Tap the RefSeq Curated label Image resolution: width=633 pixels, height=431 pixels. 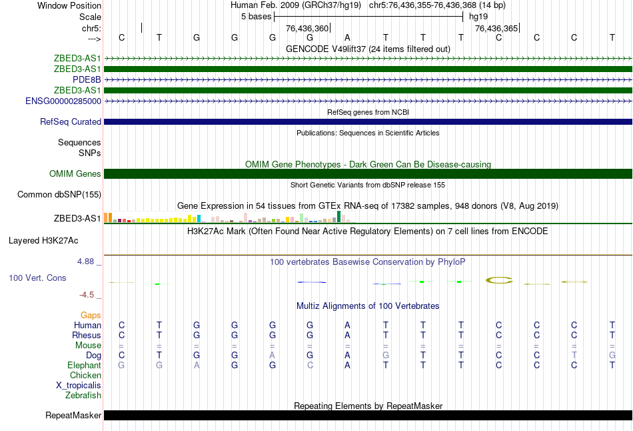click(71, 122)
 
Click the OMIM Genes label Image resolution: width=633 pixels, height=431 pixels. click(75, 174)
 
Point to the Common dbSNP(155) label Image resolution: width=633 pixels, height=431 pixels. click(59, 195)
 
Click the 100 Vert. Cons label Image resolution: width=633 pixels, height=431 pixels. click(37, 278)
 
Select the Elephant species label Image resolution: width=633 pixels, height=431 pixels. click(84, 366)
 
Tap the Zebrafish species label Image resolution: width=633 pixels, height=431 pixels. click(84, 396)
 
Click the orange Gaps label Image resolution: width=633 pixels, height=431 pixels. click(91, 315)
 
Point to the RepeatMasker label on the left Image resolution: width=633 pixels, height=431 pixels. click(73, 416)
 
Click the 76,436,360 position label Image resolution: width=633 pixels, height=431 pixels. click(307, 29)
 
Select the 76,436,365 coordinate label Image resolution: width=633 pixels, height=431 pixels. click(496, 29)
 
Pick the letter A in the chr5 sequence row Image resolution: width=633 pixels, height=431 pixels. click(347, 37)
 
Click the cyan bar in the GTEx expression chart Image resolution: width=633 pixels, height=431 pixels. click(199, 218)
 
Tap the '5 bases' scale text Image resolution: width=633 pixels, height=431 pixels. click(255, 16)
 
